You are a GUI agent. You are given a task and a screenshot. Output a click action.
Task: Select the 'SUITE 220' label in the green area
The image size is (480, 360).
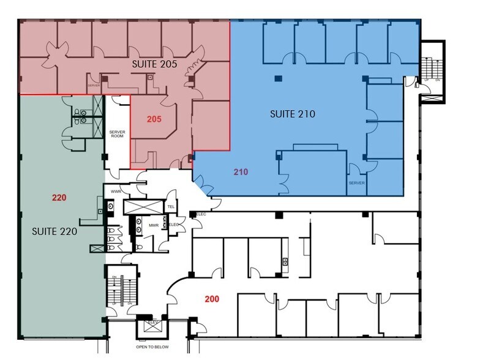click(x=54, y=233)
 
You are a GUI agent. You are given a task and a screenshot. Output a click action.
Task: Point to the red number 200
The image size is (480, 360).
click(x=212, y=299)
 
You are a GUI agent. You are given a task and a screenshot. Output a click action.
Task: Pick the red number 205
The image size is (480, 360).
click(x=154, y=119)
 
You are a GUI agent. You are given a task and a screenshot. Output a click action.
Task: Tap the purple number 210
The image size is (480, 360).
click(x=241, y=172)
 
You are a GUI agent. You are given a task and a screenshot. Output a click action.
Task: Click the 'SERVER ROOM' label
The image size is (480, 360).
click(x=118, y=135)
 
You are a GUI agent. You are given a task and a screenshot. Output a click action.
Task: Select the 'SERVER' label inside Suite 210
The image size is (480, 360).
click(x=356, y=183)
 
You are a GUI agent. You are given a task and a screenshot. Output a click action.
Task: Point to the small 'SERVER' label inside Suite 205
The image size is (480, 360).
click(x=94, y=86)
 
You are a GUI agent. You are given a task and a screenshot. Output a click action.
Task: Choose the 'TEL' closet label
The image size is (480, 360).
click(x=171, y=207)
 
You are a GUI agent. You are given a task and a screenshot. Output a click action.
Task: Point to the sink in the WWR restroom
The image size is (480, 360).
click(x=110, y=206)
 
